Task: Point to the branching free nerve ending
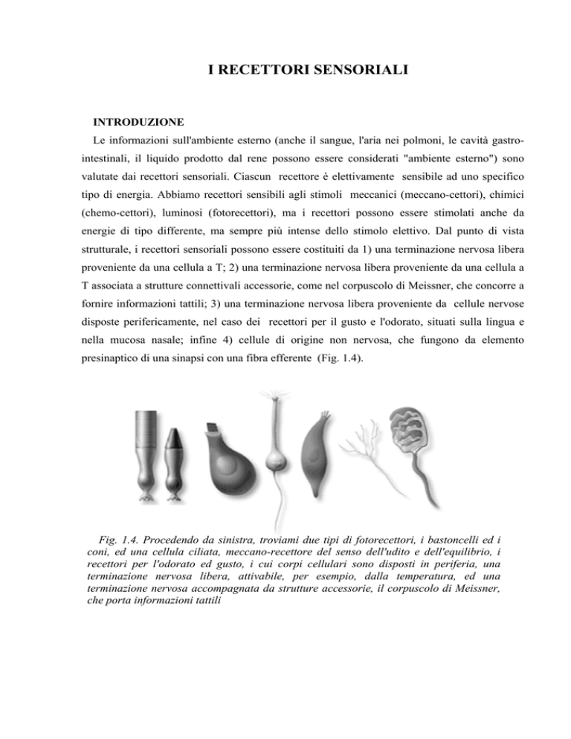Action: [364, 453]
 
